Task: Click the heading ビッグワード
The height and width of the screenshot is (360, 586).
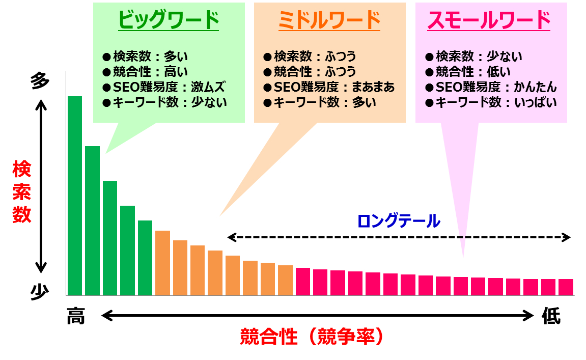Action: coord(169,20)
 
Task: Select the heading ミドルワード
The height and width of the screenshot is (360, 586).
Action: coord(329,20)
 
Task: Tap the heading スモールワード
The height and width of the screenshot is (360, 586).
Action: coord(489,20)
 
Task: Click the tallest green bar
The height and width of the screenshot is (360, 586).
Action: coord(75,196)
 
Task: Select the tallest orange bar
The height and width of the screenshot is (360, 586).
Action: coord(162,263)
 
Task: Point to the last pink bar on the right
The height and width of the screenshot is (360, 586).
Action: coord(566,287)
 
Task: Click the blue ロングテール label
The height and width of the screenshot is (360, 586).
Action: coord(398,221)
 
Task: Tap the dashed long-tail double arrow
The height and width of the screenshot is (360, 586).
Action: coord(399,237)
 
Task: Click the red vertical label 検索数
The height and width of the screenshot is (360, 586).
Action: coord(22,191)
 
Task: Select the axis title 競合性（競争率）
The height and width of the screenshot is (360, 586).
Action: coord(311,337)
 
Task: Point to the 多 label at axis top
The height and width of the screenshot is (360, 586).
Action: coord(40,81)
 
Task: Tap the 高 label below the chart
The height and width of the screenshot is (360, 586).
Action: coord(75,317)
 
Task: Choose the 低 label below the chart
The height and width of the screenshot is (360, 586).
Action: coord(551,317)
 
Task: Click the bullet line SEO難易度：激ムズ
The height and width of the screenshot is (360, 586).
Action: coord(164,87)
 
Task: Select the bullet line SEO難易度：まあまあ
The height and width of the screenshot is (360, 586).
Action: coord(329,87)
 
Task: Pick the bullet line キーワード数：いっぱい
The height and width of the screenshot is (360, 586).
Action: coord(490,102)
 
